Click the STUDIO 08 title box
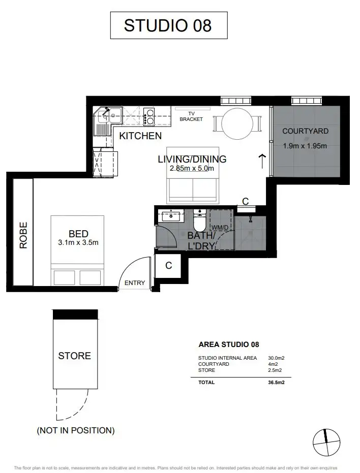coord(168,25)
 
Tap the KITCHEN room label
coord(140,136)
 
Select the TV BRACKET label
coord(191,116)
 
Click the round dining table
coord(236,123)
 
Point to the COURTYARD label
coord(305,131)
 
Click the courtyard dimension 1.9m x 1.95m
coord(305,146)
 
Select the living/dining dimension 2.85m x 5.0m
coord(192,169)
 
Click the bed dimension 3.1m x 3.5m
coord(78,243)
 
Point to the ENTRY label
coord(135,283)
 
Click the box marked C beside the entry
coord(168,266)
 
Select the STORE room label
coord(74,356)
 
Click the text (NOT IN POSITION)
coord(75,430)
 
